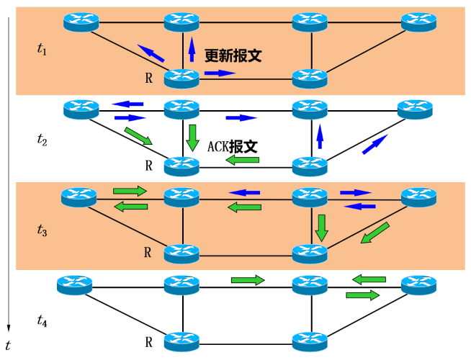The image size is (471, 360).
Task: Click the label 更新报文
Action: click(x=231, y=55)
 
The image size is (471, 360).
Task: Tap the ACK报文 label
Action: click(x=232, y=146)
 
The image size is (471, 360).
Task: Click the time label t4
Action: click(x=42, y=322)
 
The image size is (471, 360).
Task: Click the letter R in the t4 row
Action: click(x=148, y=341)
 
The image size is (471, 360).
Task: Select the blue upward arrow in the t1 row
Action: click(x=192, y=49)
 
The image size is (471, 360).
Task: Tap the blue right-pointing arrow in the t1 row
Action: click(x=220, y=73)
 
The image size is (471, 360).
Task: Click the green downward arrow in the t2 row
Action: click(x=192, y=137)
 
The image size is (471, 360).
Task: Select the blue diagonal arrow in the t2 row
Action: click(x=374, y=144)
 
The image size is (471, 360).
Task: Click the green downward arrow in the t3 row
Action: click(x=321, y=227)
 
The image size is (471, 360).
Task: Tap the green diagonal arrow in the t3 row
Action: click(x=374, y=233)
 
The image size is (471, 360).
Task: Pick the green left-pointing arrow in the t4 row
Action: click(x=369, y=279)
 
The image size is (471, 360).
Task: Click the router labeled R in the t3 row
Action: click(x=181, y=252)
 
